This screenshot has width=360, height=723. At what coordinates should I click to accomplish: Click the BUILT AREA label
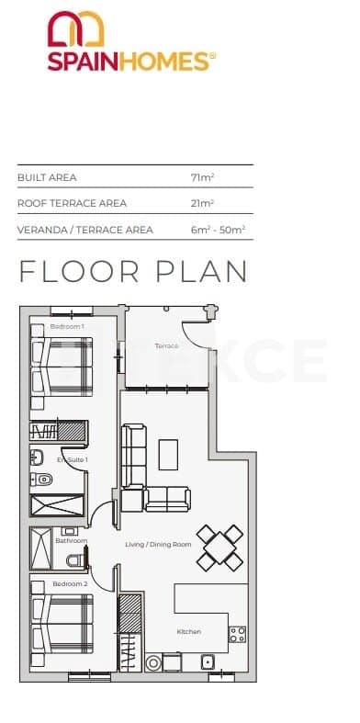coord(47,176)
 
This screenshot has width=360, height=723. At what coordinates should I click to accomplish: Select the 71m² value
coord(202,176)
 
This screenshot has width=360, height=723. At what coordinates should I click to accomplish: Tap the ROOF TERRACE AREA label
coord(72,203)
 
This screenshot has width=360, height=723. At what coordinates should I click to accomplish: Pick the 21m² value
coord(202,203)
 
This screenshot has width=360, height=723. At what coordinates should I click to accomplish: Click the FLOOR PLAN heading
coord(133,272)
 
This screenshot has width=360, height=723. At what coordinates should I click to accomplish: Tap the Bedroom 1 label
coord(67,327)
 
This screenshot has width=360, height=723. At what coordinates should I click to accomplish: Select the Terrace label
coord(166,346)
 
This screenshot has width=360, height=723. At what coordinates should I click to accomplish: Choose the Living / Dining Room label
coord(158,545)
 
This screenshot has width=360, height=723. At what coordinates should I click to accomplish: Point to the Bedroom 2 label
coord(70,584)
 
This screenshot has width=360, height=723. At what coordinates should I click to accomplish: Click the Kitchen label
coord(189,632)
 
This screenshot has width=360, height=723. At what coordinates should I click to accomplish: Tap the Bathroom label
coord(71,541)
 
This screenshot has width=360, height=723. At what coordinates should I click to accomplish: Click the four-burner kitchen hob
coord(237,634)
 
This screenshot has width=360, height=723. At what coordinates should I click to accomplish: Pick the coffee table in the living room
coord(168,453)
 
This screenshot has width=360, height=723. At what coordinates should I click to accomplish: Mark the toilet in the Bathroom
coord(81,558)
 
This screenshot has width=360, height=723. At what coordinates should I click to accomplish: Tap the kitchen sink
coord(208,661)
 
